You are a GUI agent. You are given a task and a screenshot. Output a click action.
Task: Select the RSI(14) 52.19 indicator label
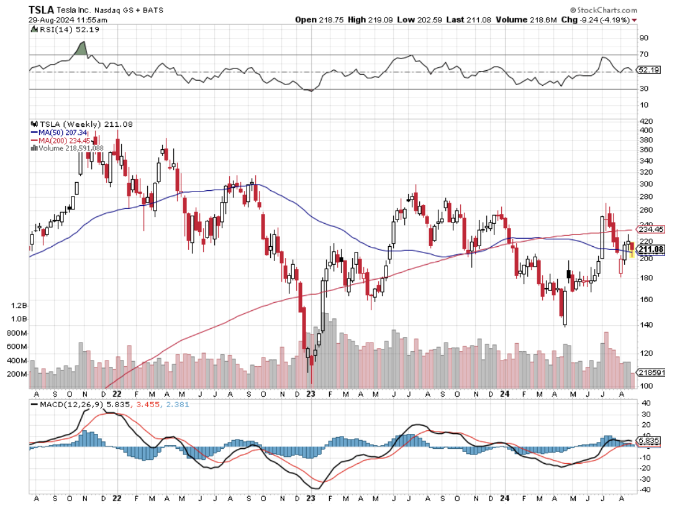(61, 30)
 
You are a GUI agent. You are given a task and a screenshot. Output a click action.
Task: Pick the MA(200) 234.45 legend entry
(65, 141)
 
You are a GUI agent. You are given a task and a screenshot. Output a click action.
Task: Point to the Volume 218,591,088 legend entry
(70, 148)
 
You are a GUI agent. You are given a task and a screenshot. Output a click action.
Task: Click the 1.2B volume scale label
(19, 306)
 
